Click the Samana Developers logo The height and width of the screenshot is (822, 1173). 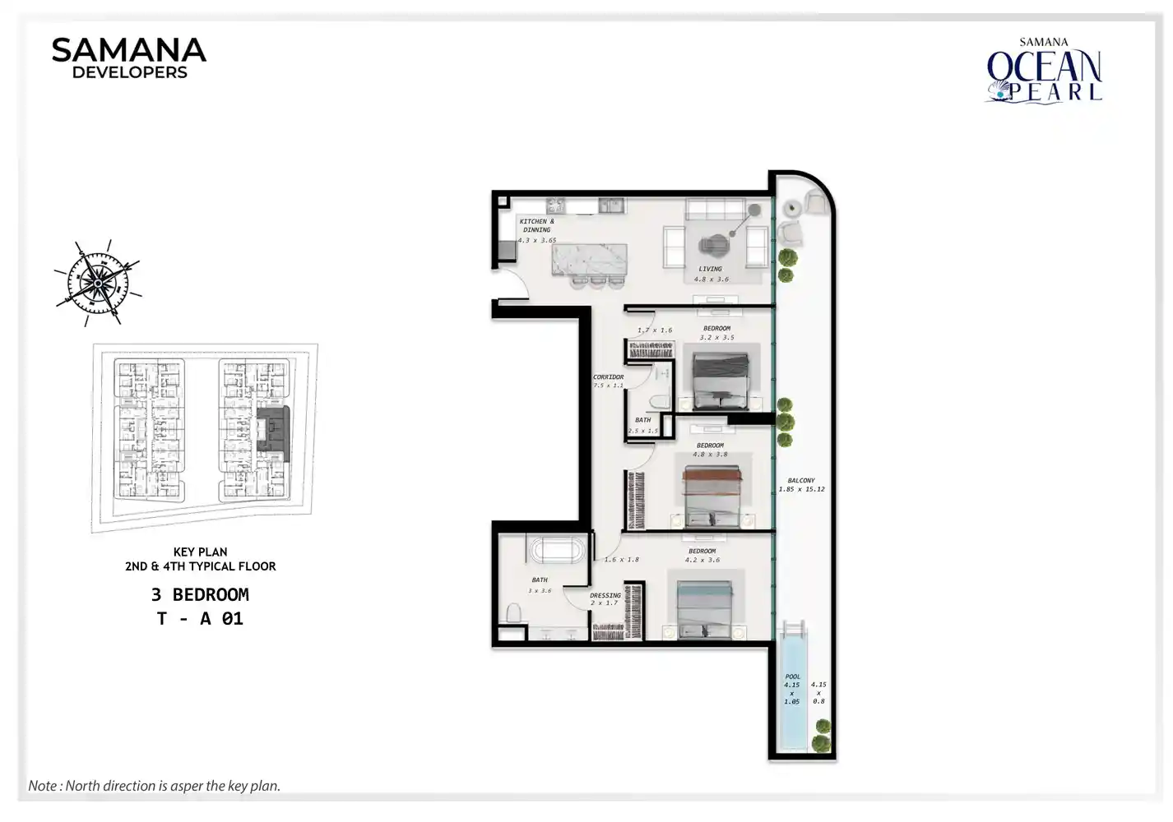coord(129,58)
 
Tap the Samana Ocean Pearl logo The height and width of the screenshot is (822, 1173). coord(1044,72)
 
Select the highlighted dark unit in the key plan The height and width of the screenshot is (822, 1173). coord(273,428)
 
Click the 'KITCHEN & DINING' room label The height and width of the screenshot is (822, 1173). coord(536,225)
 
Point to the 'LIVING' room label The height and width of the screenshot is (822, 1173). coord(710,269)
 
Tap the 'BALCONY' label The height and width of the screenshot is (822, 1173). coord(800,480)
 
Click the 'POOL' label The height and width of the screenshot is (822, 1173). coord(792,677)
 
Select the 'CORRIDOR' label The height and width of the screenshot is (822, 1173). coord(609,376)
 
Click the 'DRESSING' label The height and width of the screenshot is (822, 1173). coord(605,595)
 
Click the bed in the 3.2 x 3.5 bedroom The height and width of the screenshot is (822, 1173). coord(721,381)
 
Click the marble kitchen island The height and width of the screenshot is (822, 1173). coord(589,259)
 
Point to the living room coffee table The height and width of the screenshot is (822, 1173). coord(714,243)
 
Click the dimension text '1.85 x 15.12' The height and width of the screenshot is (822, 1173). coord(801,489)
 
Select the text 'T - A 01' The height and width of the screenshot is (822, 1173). coord(200,618)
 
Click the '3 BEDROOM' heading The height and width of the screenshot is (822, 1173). coord(200,594)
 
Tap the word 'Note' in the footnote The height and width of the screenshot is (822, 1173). coord(42,786)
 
